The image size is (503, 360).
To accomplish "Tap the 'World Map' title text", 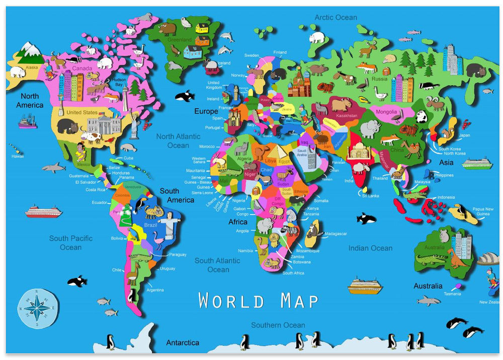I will tap(258, 301).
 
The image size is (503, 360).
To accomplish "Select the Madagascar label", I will tap(336, 234).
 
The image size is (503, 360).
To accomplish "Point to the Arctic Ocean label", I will tap(336, 18).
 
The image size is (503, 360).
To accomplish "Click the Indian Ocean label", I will tap(370, 248).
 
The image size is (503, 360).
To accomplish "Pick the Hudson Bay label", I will tap(119, 82).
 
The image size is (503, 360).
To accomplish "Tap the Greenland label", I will tap(180, 40).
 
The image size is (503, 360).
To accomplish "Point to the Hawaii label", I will tap(17, 157).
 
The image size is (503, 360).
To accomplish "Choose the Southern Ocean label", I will tap(278, 325).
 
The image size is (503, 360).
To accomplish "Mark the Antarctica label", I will tap(183, 343).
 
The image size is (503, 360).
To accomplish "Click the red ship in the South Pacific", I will tap(43, 211).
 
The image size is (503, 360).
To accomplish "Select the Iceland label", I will tap(223, 63).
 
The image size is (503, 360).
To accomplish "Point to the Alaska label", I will tap(32, 67).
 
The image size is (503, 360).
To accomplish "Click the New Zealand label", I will tap(489, 302).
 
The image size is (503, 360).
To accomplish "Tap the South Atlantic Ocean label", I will tap(218, 265).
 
